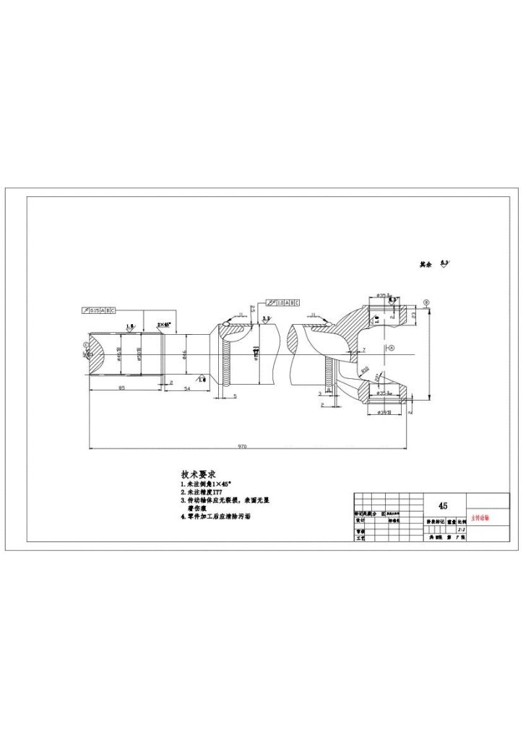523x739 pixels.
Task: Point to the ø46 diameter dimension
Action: (x=185, y=354)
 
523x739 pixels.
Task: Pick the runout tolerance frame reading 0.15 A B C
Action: (x=98, y=310)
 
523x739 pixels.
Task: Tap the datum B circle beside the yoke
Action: (x=426, y=302)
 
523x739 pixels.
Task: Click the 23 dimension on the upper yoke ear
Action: (x=413, y=315)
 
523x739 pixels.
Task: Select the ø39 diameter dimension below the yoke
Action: (x=384, y=412)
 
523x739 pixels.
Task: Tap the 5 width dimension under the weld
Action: (x=235, y=396)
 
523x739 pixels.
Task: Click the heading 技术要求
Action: (x=199, y=475)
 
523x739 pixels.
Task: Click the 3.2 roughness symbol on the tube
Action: (x=267, y=318)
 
